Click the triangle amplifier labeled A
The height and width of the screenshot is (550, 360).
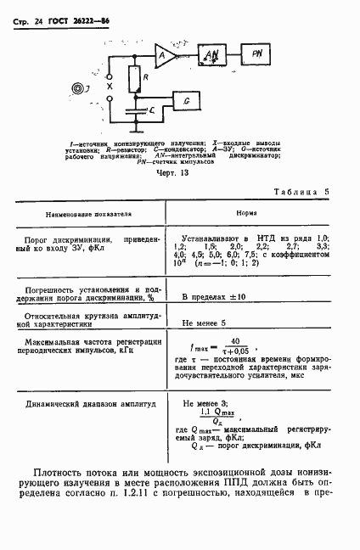coord(163,57)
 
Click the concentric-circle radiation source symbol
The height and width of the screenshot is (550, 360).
coord(80,87)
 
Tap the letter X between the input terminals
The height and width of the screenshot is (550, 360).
coord(109,87)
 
